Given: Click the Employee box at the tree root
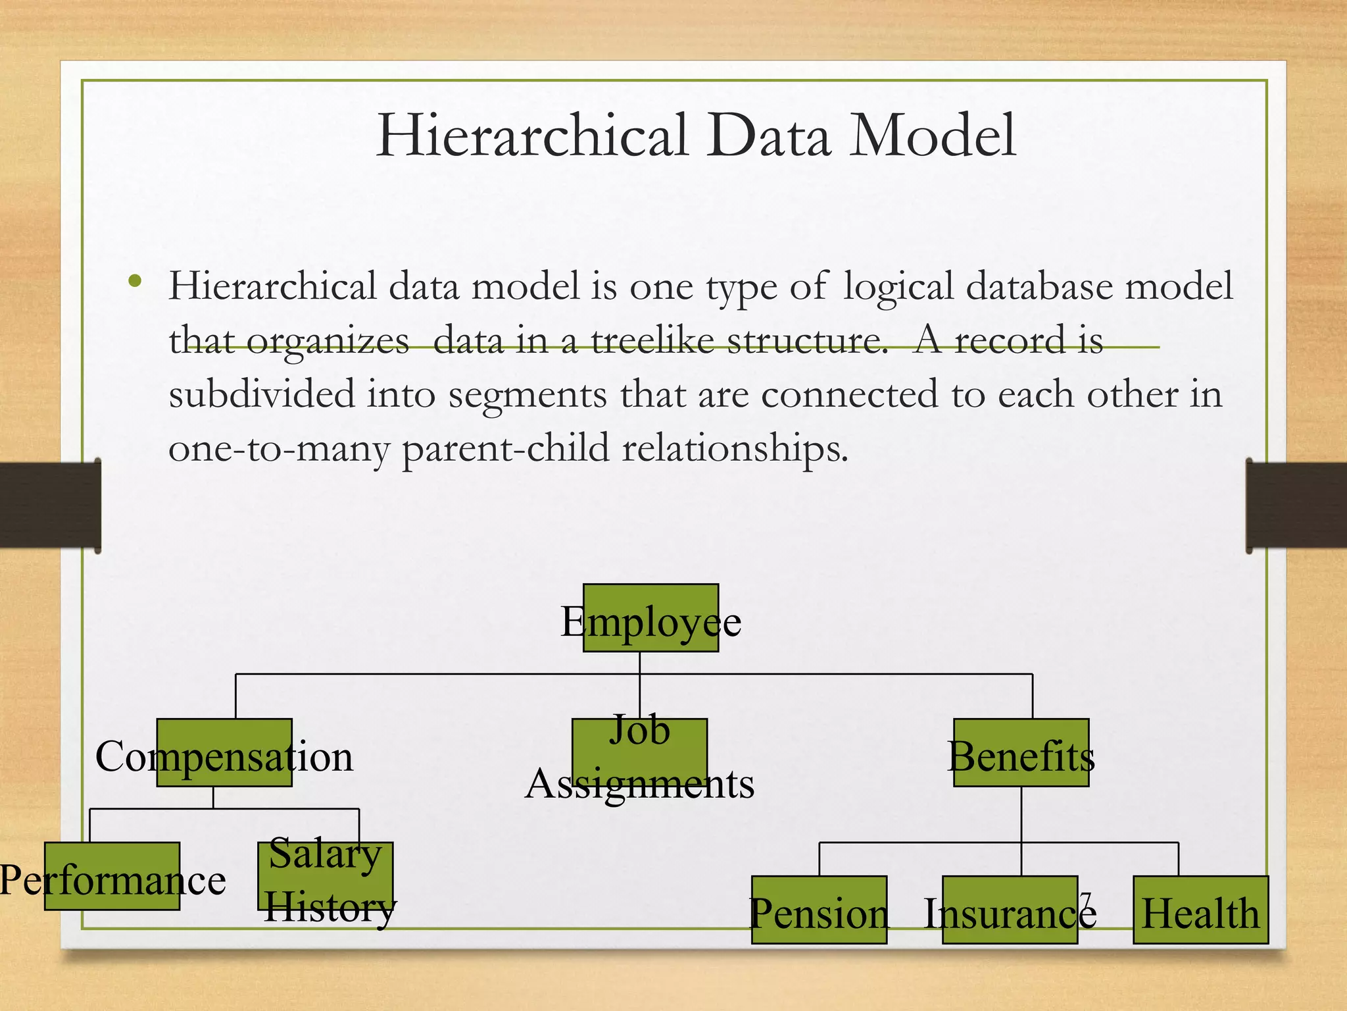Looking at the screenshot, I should click(x=650, y=618).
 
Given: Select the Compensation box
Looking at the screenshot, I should click(x=224, y=752).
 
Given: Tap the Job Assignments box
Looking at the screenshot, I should click(x=639, y=752).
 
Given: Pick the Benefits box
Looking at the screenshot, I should click(x=1021, y=752).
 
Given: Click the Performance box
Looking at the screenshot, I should click(x=112, y=876).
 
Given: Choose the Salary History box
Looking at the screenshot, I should click(x=326, y=876).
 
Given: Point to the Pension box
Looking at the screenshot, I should click(x=819, y=910).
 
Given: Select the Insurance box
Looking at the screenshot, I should click(x=1010, y=910).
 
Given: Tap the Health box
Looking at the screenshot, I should click(x=1200, y=910).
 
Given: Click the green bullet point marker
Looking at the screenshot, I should click(x=135, y=282).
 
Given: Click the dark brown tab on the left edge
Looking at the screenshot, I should click(x=50, y=505).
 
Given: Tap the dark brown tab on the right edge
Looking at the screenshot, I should click(x=1296, y=505).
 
